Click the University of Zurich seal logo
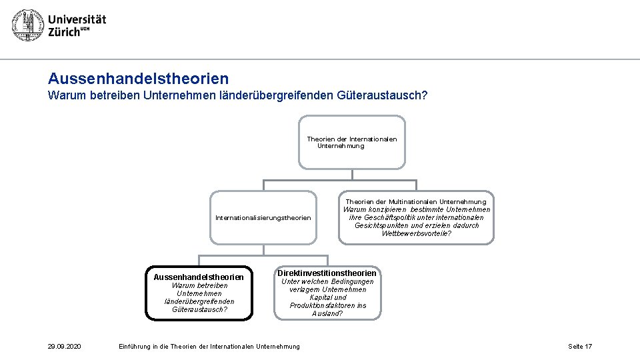(27, 25)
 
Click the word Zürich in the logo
(64, 33)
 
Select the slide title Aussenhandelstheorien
(138, 79)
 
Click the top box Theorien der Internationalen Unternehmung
(351, 142)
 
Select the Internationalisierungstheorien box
(263, 217)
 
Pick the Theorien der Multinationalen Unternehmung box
(417, 217)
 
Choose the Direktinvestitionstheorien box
(327, 292)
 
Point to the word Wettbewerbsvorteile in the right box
(416, 233)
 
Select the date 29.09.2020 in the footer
(64, 346)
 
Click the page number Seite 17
(579, 346)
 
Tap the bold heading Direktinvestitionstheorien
(327, 273)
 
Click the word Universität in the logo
(77, 19)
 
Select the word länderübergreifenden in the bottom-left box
(199, 301)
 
